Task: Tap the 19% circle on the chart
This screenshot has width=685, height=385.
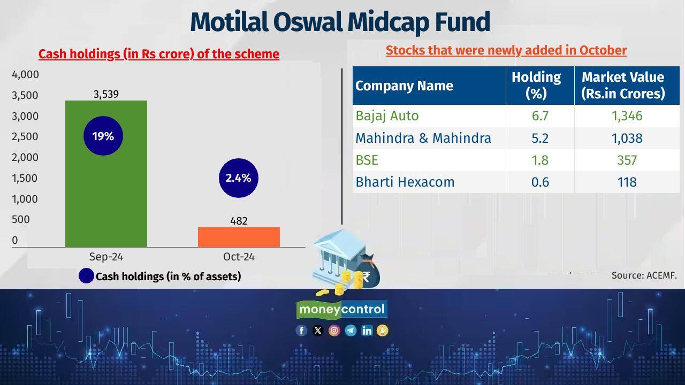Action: [103, 136]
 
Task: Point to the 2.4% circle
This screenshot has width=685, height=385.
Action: [238, 178]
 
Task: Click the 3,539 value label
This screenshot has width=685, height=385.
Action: [106, 94]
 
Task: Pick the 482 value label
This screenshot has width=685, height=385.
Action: [239, 220]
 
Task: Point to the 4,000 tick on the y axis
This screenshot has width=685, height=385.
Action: [25, 74]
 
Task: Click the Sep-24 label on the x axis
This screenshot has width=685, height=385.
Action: [106, 257]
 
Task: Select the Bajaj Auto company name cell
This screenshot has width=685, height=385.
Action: [387, 115]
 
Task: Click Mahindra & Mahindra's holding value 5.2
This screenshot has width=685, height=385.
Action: [540, 138]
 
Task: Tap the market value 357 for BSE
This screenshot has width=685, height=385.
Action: [627, 160]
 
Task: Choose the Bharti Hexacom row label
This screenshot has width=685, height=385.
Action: [405, 182]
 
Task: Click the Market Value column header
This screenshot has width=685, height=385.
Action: [623, 86]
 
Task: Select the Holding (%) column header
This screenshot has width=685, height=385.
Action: [536, 86]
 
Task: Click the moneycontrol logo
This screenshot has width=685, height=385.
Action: [341, 309]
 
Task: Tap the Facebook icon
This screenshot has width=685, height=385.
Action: [301, 330]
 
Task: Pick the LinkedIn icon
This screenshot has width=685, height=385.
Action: [367, 330]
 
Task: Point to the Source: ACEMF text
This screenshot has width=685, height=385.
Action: [644, 275]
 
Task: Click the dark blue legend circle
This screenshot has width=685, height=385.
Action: [86, 276]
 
